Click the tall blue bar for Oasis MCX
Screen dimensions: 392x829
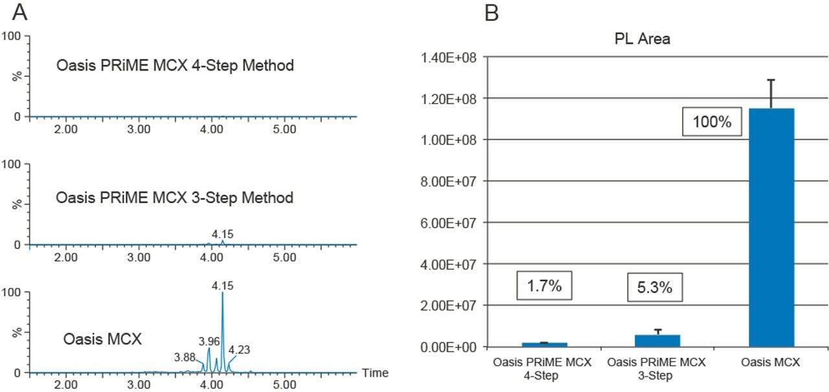771,226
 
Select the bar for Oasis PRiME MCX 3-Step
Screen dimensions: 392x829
657,340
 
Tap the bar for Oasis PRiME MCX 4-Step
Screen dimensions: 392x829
544,344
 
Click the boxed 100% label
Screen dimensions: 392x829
710,122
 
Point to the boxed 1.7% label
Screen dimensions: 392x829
544,286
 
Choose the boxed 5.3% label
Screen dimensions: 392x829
656,286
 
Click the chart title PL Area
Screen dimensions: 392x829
642,39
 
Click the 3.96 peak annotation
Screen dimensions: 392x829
209,340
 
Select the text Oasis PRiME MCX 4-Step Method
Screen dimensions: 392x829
175,66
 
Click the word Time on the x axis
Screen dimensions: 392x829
375,373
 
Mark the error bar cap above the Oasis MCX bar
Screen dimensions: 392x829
771,80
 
